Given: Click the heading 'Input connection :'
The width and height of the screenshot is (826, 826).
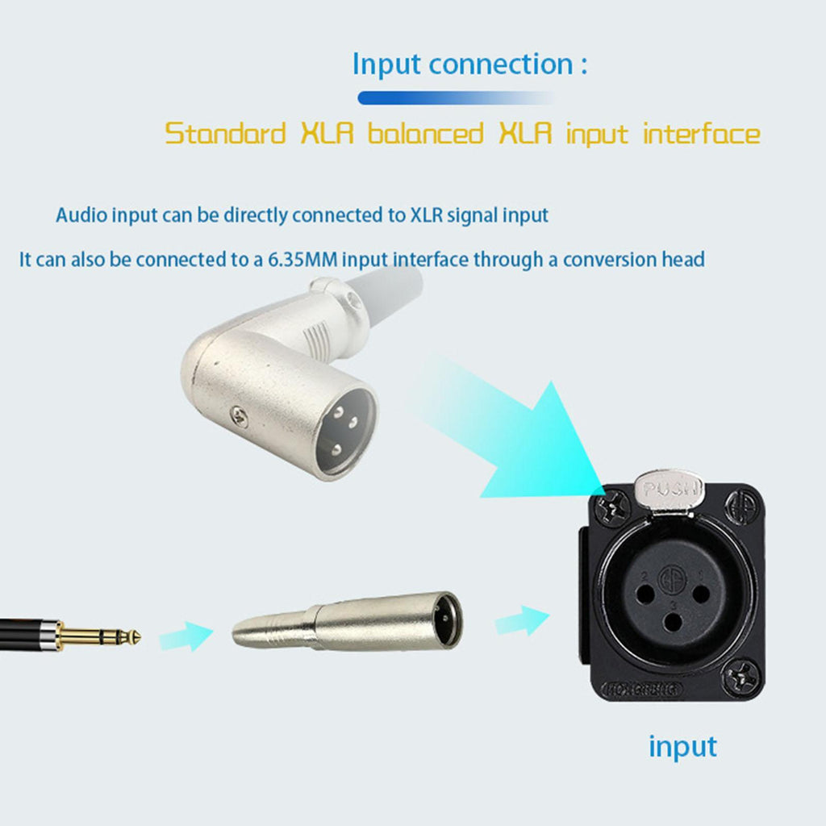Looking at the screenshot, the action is point(469,65).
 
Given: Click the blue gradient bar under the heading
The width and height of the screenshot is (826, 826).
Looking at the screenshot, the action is point(457,98).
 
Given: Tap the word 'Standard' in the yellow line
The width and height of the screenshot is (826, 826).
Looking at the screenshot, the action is point(225,133).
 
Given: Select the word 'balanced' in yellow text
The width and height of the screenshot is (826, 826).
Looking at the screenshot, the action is point(425,133).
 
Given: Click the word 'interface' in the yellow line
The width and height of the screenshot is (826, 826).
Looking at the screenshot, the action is point(701,133).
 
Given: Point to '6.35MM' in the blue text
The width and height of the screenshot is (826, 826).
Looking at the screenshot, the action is point(302,260).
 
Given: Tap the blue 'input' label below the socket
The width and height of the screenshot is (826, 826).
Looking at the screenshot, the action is point(682,746).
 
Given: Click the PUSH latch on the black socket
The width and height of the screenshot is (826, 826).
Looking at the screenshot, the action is point(670,490).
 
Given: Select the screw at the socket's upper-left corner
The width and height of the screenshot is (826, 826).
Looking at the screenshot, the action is point(612,508).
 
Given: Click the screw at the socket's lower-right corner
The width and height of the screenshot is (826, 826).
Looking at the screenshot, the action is point(742,677).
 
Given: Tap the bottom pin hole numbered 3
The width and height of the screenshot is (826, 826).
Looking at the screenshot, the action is point(673,622).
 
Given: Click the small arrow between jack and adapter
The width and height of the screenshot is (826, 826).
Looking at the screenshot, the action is point(186,636).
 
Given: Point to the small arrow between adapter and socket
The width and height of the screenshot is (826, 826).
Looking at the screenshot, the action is point(522,620).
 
